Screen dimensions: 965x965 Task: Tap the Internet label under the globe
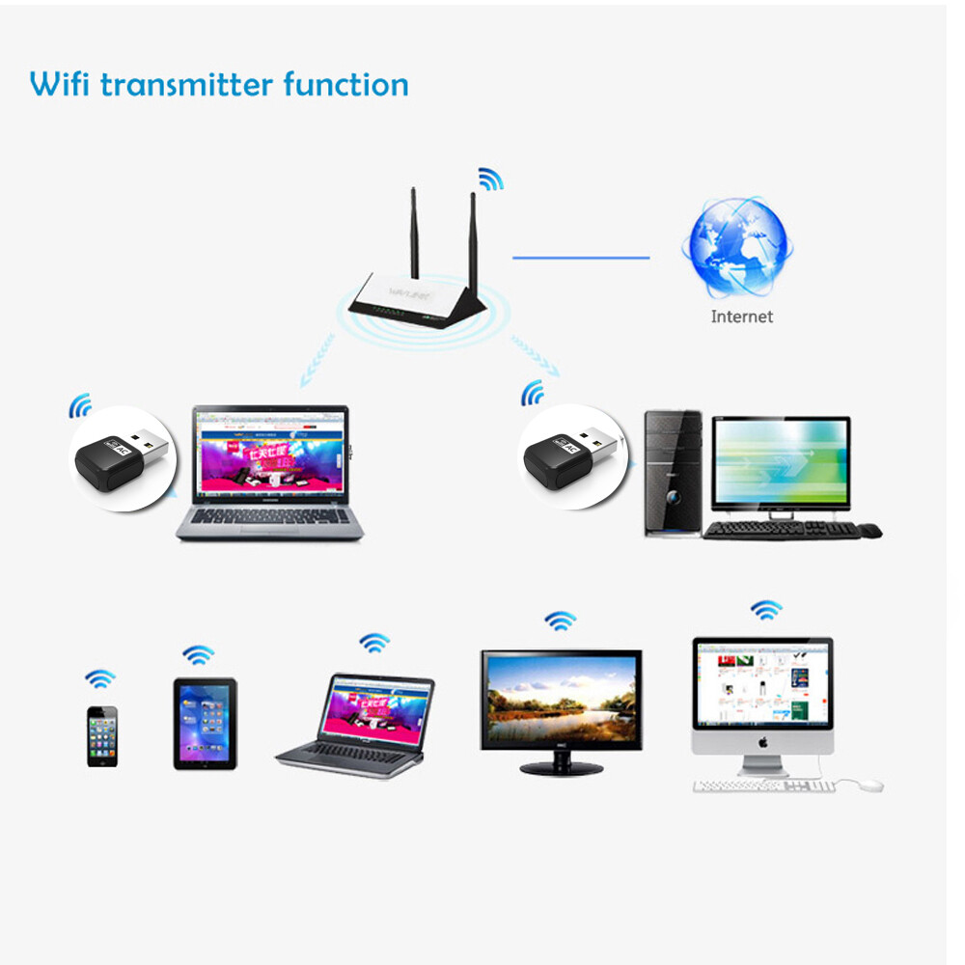(741, 316)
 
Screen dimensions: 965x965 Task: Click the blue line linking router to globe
(580, 258)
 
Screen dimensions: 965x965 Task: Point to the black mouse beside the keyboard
(869, 530)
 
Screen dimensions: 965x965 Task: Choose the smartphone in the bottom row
(102, 735)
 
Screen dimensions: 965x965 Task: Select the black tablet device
(205, 723)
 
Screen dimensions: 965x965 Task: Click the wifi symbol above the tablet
(199, 655)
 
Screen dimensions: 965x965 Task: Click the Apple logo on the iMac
(762, 743)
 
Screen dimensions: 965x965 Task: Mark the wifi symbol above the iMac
(766, 610)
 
